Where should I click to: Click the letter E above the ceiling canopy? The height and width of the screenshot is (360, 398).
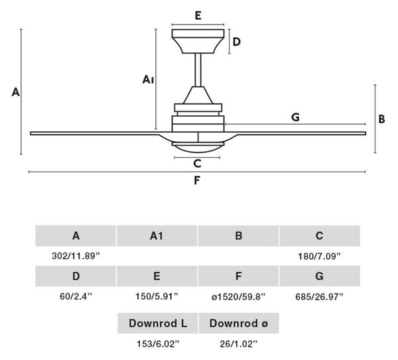coord(198,15)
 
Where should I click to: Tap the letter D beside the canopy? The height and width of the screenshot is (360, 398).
coord(237,42)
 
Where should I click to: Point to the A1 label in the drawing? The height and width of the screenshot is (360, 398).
coord(148,80)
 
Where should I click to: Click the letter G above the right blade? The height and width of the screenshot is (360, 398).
coord(295,117)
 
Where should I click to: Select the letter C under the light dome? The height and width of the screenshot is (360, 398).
coord(197,164)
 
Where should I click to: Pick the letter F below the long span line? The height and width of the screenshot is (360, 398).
coord(197,180)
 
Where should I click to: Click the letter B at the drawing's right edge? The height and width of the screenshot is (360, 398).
coord(381,119)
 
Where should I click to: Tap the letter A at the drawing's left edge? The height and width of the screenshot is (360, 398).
coord(16,92)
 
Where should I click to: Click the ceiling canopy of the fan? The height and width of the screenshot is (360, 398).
coord(198,41)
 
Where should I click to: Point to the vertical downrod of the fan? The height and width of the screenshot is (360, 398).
coord(198,70)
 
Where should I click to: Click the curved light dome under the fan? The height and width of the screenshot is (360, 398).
coord(198,149)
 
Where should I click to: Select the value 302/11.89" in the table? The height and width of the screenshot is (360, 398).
coord(76,256)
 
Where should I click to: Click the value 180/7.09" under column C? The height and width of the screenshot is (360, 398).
coord(319,256)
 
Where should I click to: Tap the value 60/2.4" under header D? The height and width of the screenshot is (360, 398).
coord(76,296)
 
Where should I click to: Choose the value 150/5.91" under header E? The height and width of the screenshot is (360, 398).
coord(157,296)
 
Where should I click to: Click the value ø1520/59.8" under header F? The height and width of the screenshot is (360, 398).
coord(238,296)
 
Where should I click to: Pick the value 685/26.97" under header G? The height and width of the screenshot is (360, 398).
coord(319,296)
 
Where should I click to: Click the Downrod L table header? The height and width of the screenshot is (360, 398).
coord(158,324)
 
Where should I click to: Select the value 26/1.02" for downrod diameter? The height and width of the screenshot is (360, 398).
coord(239,344)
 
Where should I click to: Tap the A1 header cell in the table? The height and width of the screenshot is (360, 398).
coord(157,235)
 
